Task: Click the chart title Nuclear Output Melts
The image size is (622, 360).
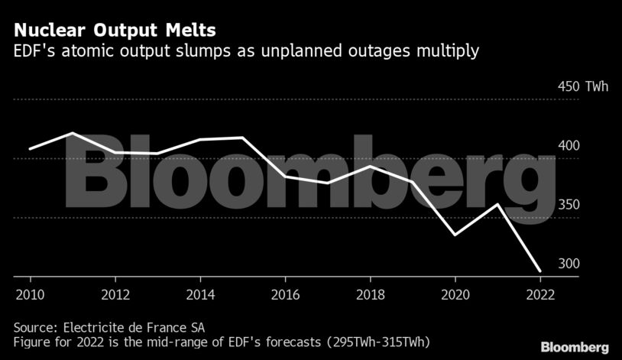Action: (114, 31)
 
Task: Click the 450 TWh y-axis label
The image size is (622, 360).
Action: (582, 86)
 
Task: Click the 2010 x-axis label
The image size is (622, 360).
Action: (30, 294)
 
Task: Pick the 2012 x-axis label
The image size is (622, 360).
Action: (115, 294)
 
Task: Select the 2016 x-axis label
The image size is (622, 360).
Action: (285, 294)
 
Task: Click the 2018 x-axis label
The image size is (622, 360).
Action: (370, 294)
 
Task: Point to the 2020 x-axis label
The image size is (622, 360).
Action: (455, 294)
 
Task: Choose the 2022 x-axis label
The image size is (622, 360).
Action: (540, 294)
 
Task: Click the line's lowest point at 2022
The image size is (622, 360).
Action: (540, 271)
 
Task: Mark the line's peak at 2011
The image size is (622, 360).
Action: (73, 133)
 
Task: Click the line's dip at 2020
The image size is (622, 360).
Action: (455, 235)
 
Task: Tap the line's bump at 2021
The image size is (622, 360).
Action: (497, 204)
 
